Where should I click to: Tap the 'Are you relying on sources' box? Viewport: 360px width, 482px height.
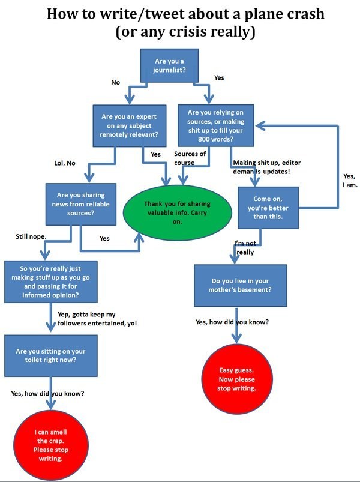coord(215,125)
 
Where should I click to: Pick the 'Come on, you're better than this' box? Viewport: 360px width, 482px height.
coord(268,208)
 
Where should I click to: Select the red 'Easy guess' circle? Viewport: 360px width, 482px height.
coord(236,379)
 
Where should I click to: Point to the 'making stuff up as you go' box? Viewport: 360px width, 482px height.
coord(49,282)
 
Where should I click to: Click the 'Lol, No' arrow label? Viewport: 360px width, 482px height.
coord(65,163)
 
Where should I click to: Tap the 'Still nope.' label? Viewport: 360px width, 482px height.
coord(31,237)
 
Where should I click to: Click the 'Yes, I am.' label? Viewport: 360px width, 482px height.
coord(350,181)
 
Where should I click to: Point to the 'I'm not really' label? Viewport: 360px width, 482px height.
coord(245,247)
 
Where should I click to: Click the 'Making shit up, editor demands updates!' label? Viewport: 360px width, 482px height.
coord(270,167)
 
